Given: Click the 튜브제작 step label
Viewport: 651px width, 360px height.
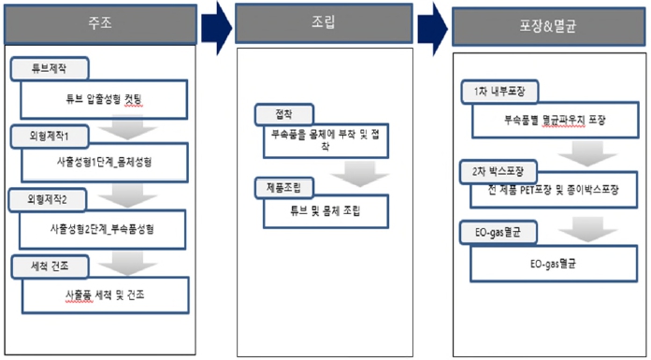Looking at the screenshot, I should tap(51, 69).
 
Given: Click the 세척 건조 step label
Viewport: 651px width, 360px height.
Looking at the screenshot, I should tap(51, 266).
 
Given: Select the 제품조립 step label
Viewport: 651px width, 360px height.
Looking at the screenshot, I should tap(287, 187).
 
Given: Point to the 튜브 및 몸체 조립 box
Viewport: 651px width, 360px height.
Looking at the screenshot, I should tap(325, 211).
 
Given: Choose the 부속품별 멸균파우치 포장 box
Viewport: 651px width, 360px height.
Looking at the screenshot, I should tap(555, 121).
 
